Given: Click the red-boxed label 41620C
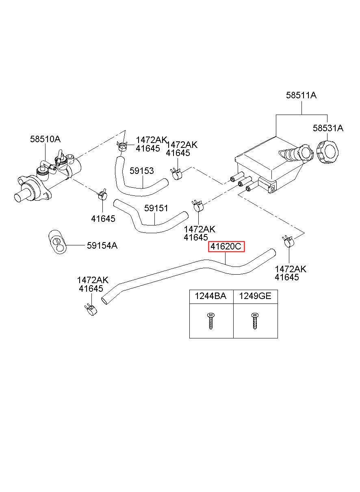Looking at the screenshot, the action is (226, 247).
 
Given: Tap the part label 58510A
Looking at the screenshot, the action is (45, 139).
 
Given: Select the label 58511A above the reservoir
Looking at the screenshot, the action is (301, 95).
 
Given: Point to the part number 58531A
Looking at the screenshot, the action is (328, 128).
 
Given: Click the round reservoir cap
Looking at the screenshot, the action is (327, 152).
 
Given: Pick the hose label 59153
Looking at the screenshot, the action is (142, 171).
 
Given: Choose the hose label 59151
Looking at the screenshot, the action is (156, 208).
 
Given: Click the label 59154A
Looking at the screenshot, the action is (102, 245).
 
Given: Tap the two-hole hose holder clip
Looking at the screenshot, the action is (57, 242).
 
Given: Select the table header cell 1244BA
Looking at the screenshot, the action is (210, 296).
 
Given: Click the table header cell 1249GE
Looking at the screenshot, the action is (255, 296).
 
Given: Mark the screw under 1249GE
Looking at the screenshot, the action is (255, 321).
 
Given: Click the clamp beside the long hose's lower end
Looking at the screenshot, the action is (91, 309).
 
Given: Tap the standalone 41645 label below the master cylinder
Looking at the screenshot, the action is (103, 219).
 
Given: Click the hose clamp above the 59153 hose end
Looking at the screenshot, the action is (122, 145).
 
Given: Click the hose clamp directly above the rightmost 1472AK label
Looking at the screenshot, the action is (287, 241).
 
